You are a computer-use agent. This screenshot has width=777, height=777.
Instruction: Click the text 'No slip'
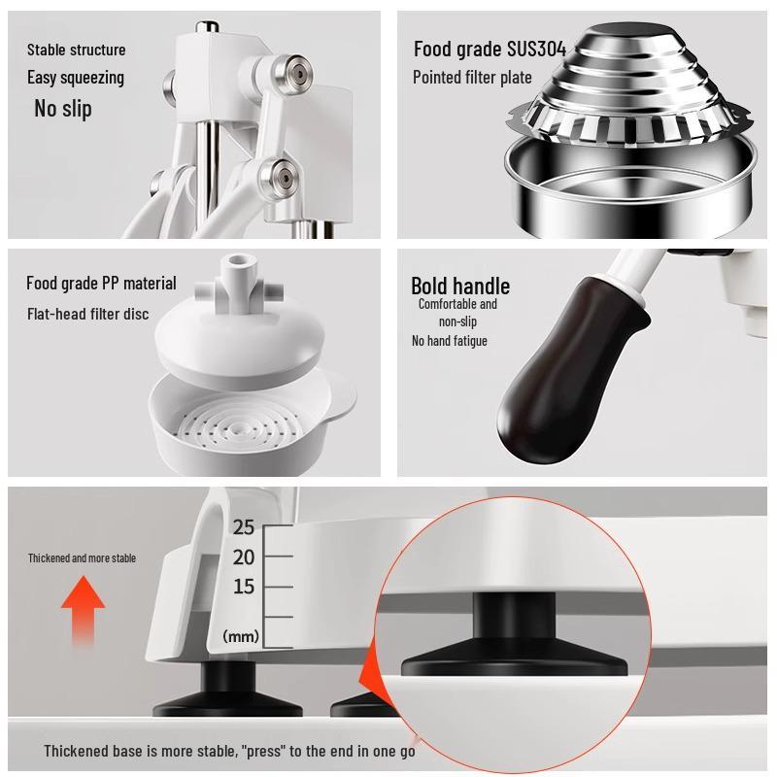[x=63, y=109]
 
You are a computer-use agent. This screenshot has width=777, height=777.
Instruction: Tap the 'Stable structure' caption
[x=77, y=50]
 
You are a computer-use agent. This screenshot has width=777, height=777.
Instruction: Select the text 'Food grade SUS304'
[x=490, y=50]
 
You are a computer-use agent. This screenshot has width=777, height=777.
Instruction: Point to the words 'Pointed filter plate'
[x=472, y=78]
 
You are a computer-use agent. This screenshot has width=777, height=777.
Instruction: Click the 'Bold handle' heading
[x=460, y=286]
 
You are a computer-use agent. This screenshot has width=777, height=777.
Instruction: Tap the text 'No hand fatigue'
[x=450, y=341]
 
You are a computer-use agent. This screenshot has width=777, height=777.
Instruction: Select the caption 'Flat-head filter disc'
[x=87, y=314]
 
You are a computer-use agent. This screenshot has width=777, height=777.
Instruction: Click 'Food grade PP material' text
[x=101, y=283]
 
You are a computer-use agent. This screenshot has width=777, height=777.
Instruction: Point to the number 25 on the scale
[x=244, y=526]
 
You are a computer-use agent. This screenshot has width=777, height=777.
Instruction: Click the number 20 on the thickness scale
[x=244, y=557]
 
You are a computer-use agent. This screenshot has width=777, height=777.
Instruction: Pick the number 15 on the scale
[x=244, y=587]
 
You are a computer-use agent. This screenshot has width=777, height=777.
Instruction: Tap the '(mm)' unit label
[x=241, y=636]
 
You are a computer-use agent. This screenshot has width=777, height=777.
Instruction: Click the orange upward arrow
[x=83, y=611]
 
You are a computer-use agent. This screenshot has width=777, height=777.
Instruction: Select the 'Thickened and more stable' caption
[x=82, y=557]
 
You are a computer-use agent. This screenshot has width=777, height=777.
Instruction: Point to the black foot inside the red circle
[x=515, y=635]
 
